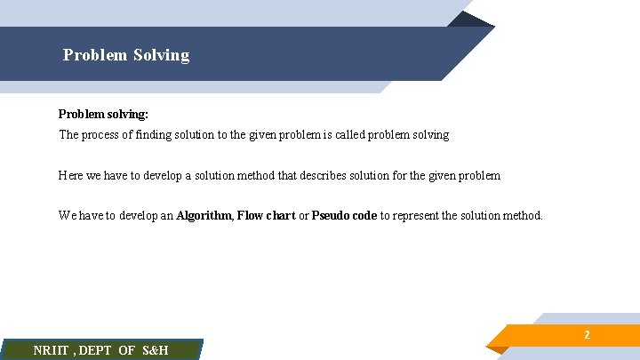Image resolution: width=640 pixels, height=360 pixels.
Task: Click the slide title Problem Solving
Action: (126, 55)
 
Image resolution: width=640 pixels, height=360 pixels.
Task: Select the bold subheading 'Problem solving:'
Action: (103, 115)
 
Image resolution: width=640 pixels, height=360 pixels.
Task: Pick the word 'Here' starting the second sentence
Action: (71, 176)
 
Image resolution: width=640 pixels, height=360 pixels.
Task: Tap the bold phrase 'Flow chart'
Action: (266, 216)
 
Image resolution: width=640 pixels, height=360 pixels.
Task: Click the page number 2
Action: (587, 335)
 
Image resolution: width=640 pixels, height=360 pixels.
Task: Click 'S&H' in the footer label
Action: (155, 350)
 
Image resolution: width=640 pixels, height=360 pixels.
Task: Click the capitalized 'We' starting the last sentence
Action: (68, 216)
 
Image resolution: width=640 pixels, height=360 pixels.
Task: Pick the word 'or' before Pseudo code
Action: (303, 216)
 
